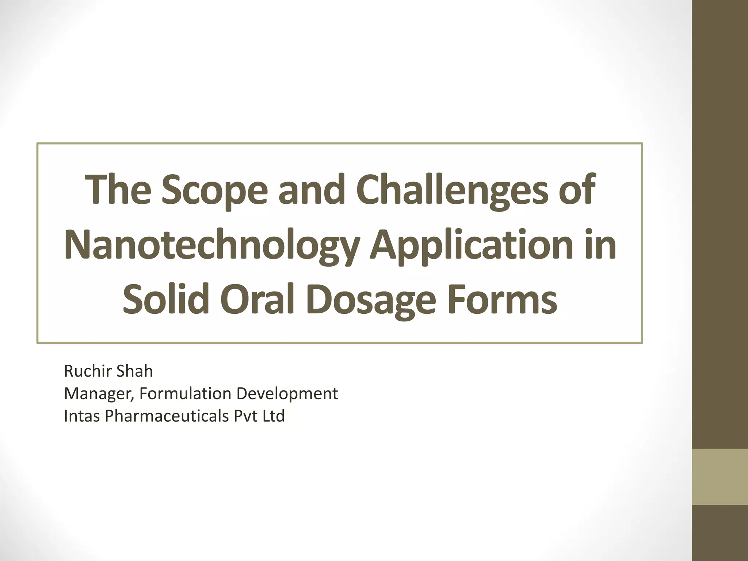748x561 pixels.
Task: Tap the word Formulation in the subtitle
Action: click(x=186, y=394)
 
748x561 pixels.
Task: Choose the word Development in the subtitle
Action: click(x=287, y=394)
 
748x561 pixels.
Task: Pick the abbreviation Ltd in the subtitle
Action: click(x=274, y=416)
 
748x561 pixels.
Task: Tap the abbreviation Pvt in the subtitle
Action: click(x=246, y=416)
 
